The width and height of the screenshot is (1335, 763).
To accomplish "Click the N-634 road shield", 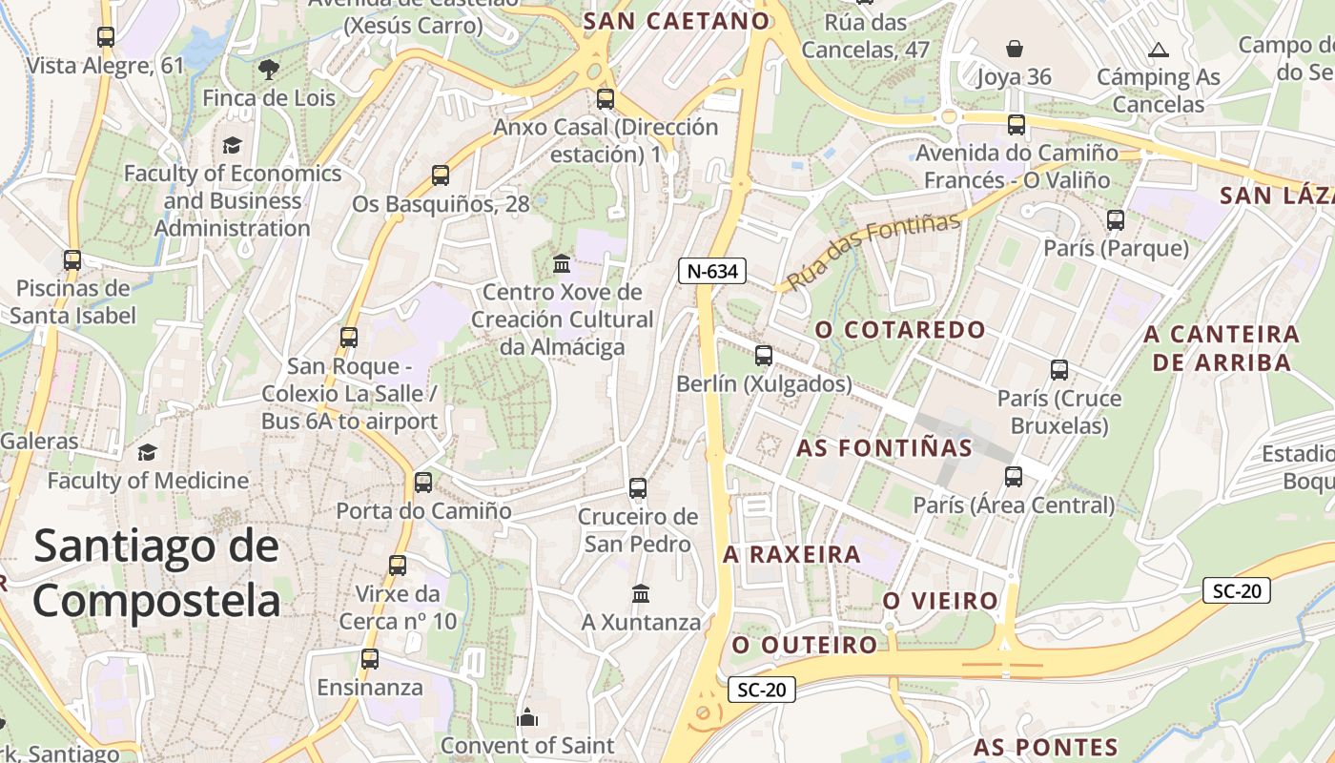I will (712, 271).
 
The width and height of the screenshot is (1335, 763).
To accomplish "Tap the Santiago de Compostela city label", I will (157, 573).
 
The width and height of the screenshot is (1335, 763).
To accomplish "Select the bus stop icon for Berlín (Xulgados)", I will (764, 356).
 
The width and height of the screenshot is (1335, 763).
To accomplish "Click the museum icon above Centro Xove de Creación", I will (562, 263).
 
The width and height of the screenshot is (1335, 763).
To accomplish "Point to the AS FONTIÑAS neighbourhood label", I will (884, 448).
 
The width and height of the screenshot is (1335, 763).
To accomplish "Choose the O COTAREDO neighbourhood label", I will (900, 330).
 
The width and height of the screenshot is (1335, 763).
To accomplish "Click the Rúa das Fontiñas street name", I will (873, 251).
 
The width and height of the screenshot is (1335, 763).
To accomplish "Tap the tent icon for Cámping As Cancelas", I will (1159, 50).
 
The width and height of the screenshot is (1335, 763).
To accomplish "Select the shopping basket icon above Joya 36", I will (1014, 48).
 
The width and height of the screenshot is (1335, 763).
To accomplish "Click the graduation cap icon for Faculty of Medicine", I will (147, 452).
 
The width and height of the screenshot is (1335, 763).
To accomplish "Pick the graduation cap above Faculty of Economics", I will (232, 145).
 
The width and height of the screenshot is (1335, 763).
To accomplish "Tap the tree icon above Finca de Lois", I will (269, 69).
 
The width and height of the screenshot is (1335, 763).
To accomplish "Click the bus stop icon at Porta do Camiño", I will (423, 483).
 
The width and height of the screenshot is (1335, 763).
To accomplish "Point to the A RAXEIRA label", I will (791, 554).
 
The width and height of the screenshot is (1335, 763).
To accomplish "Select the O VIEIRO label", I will (940, 601).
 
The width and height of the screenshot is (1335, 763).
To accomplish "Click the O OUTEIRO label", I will (804, 645).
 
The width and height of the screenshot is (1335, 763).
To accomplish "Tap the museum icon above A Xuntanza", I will (641, 594).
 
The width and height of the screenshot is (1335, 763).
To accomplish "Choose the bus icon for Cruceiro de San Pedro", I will (638, 489).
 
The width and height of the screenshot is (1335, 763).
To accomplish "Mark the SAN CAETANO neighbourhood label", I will (676, 21).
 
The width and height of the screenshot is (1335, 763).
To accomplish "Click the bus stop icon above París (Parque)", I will (1116, 220).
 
